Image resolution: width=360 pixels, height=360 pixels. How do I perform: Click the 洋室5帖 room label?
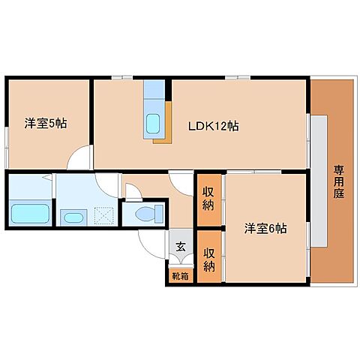tap(45, 124)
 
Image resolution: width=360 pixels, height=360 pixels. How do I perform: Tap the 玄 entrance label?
tap(180, 246)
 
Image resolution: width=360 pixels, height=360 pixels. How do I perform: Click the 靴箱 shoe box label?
tap(180, 275)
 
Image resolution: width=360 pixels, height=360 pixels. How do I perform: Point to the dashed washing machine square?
tap(103, 215)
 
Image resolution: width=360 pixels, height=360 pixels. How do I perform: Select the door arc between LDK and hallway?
tap(182, 181)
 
